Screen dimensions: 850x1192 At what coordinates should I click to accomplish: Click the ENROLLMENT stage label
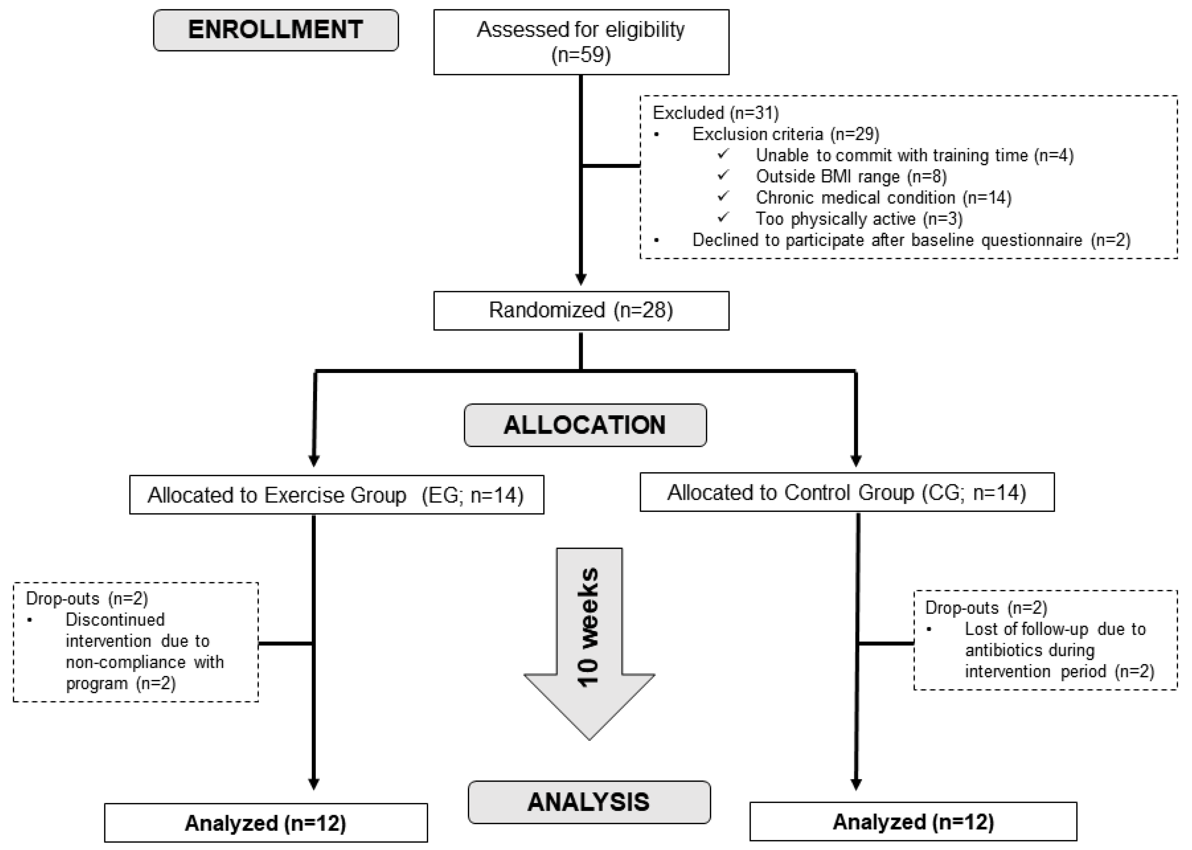point(276,30)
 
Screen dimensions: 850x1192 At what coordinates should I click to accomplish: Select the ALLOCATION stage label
point(585,425)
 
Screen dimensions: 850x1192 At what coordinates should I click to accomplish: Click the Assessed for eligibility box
point(581,42)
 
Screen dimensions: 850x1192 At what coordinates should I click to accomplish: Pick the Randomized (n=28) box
point(581,311)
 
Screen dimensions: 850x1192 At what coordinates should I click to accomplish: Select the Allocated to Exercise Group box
point(336,495)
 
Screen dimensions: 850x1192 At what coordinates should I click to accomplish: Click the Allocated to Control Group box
point(847,492)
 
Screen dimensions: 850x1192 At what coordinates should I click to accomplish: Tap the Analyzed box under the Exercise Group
point(266,823)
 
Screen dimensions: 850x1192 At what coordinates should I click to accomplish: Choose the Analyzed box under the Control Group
point(913,822)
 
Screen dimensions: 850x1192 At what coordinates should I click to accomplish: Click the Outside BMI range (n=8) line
point(851,176)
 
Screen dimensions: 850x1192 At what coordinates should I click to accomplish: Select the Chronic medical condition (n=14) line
point(884,198)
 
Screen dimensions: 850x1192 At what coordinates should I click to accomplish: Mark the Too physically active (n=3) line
point(859,219)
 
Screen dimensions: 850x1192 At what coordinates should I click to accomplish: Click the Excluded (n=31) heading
point(715,112)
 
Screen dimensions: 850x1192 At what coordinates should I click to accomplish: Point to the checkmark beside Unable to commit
point(723,154)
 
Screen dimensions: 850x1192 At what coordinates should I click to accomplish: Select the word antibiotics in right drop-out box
point(1004,650)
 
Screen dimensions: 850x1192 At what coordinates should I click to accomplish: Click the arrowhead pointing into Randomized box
point(581,279)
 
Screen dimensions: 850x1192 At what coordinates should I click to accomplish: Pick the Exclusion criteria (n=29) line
point(785,134)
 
